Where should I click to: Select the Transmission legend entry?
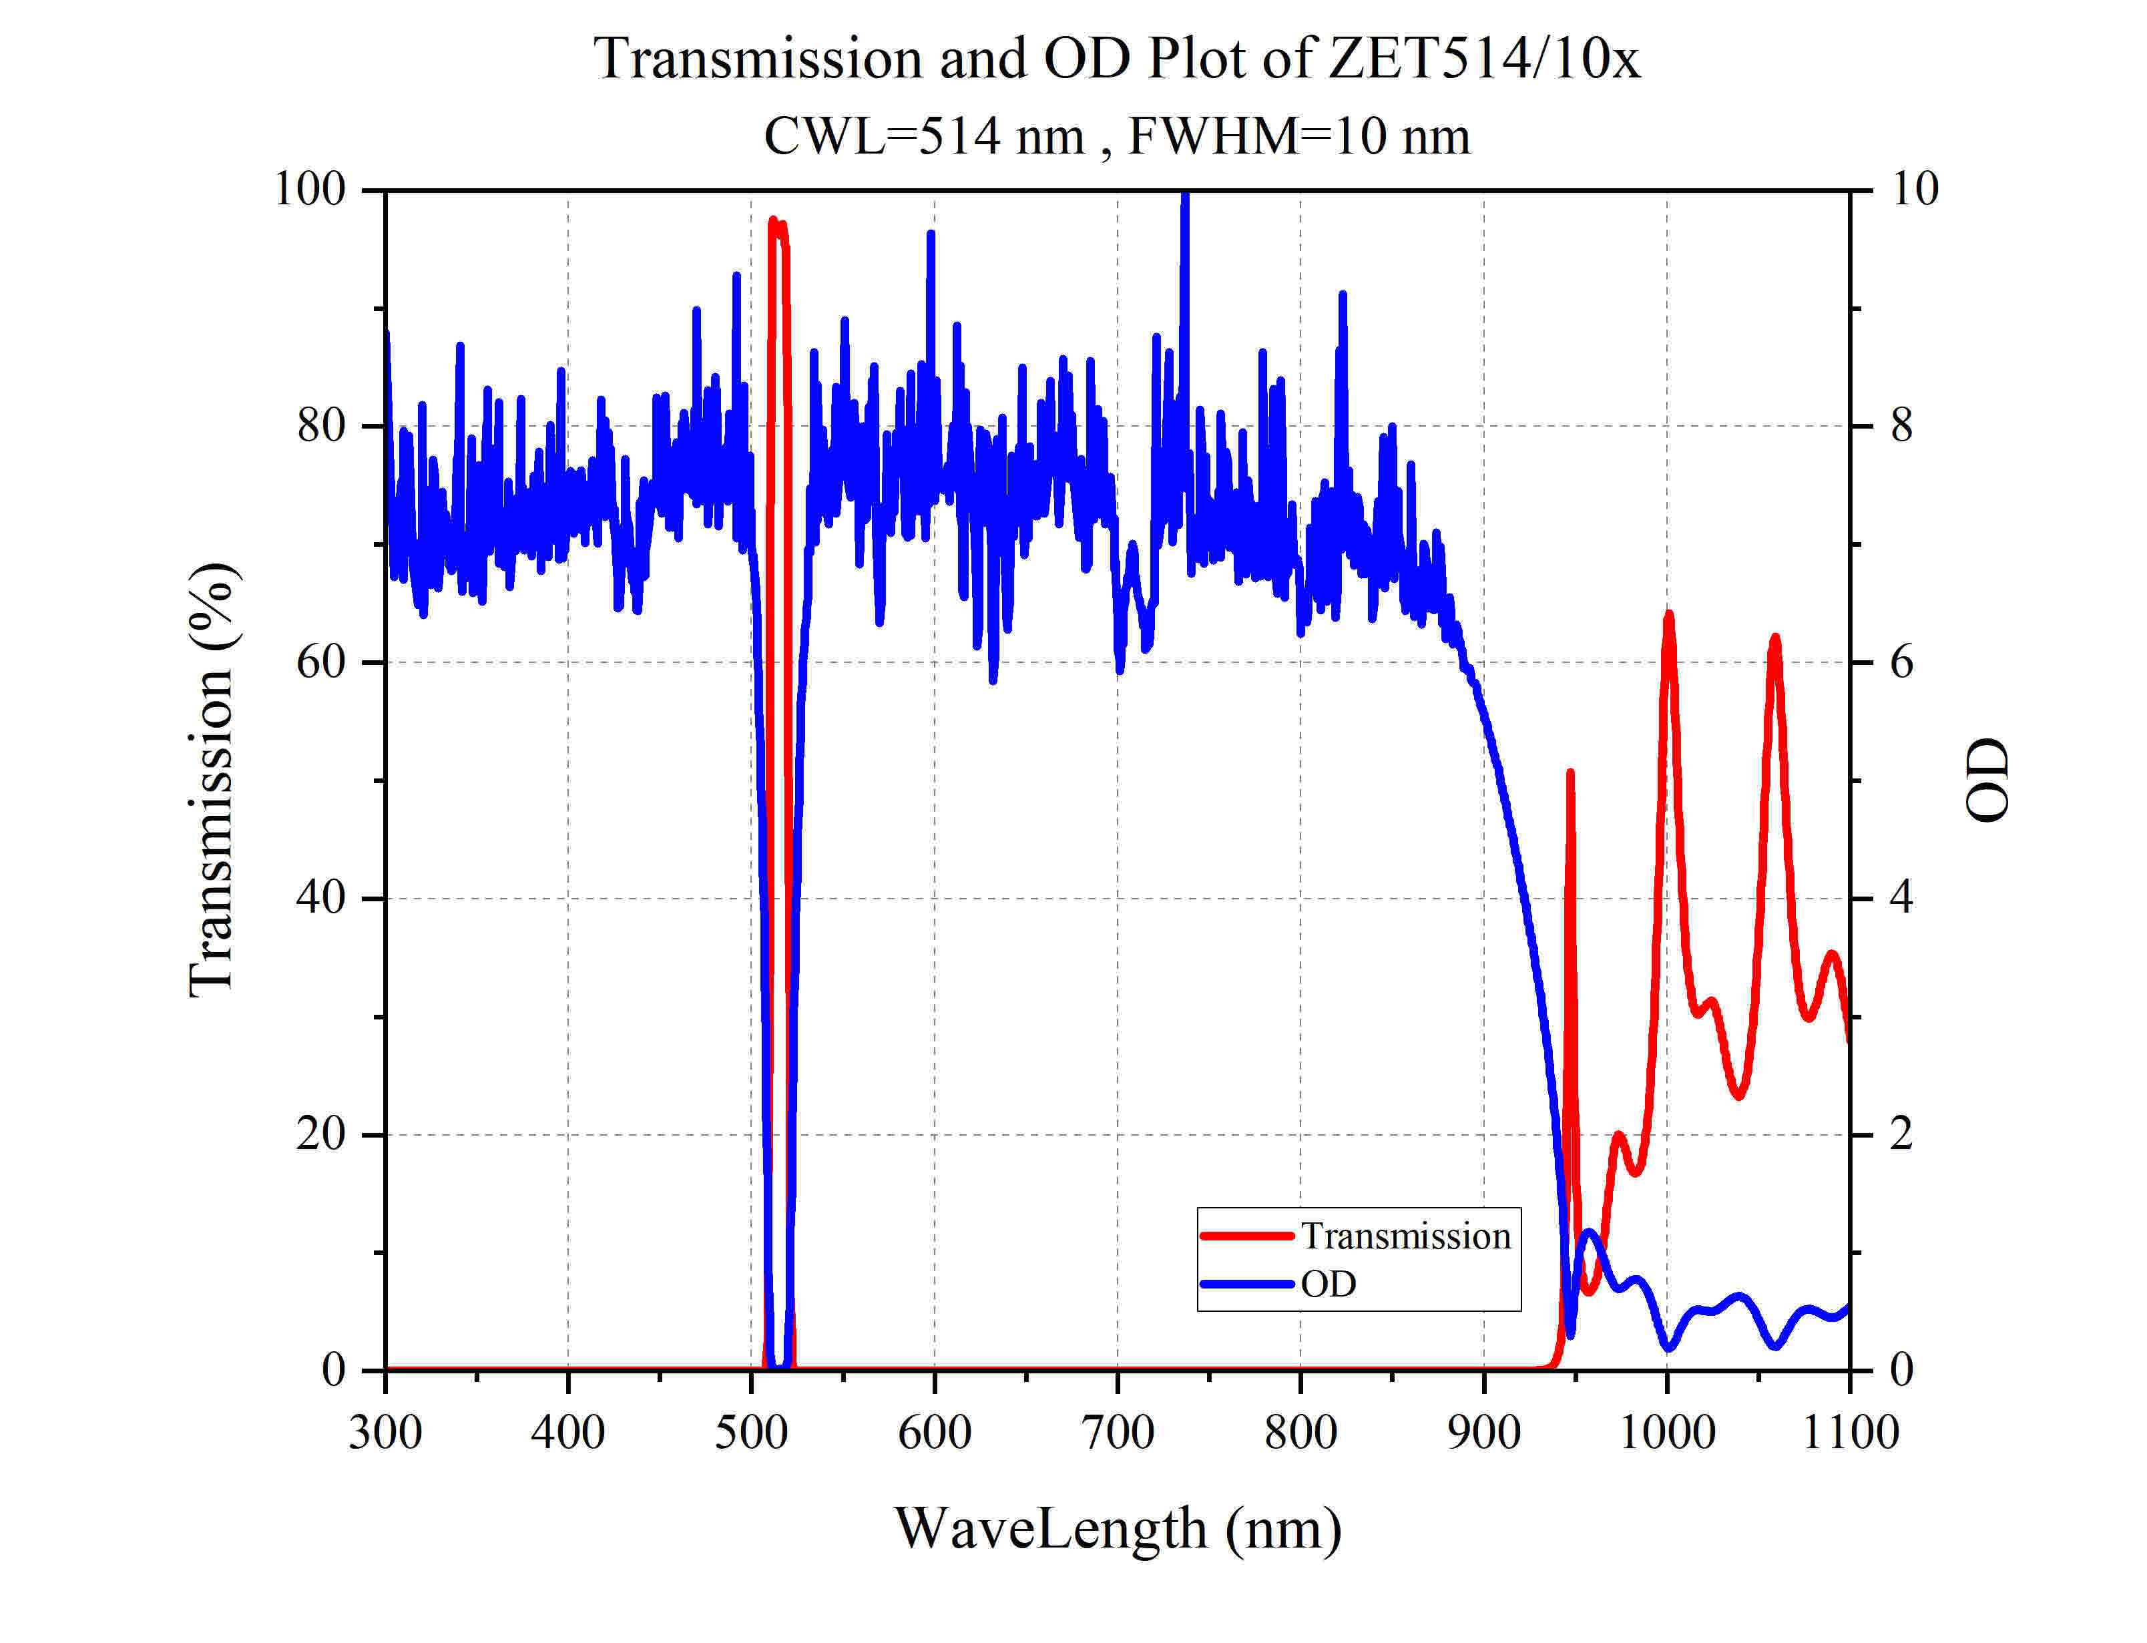[x=1404, y=1236]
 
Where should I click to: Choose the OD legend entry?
[x=1328, y=1283]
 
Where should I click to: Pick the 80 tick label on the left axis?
[x=320, y=427]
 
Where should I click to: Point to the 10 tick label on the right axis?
[x=1914, y=190]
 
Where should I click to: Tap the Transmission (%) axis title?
[x=212, y=780]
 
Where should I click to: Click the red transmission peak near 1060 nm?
[x=1774, y=640]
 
